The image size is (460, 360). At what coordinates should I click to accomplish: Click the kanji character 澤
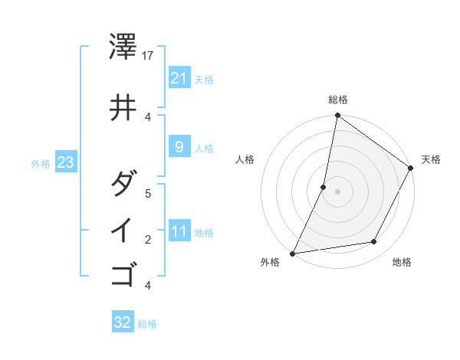(123, 47)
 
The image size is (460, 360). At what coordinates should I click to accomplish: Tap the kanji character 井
(123, 108)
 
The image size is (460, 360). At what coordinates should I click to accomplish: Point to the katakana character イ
(123, 230)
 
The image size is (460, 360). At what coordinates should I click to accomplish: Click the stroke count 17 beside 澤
(149, 56)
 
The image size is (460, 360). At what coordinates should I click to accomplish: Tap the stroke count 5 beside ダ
(148, 193)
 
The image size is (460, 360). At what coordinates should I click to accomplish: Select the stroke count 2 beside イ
(148, 239)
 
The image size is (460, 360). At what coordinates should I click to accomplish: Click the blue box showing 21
(179, 77)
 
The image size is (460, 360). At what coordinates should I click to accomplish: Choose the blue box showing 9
(179, 147)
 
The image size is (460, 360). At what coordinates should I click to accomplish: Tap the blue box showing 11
(179, 231)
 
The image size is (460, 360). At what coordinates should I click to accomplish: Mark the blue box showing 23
(65, 162)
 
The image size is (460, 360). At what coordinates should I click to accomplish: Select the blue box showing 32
(123, 322)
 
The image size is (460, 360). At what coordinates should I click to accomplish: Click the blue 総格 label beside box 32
(147, 324)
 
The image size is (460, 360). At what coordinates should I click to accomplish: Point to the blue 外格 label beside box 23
(41, 163)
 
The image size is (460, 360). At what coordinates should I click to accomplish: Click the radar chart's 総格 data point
(337, 116)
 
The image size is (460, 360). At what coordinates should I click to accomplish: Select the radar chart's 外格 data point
(293, 253)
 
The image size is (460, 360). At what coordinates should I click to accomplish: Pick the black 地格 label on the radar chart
(402, 263)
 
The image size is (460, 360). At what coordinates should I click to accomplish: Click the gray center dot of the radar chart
(337, 191)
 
